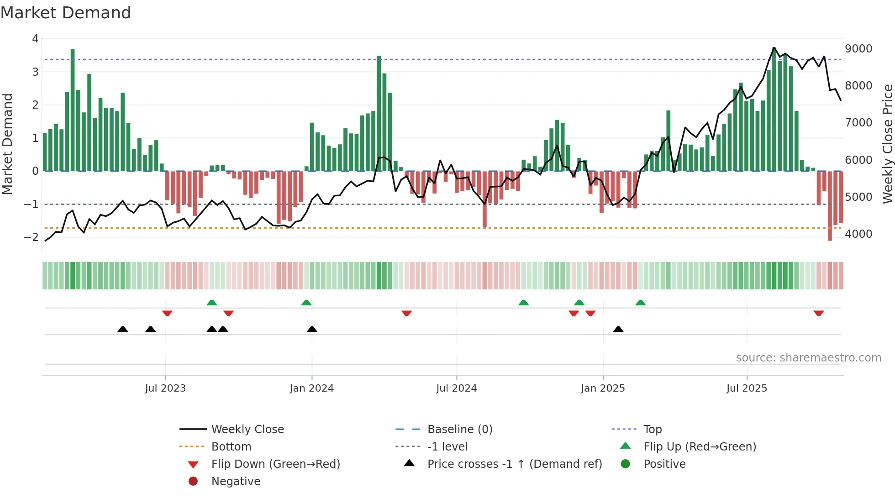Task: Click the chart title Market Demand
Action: point(66,13)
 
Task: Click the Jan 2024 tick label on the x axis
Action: point(312,388)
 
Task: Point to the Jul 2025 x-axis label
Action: point(747,388)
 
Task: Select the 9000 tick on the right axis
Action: point(858,49)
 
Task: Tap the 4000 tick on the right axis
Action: point(858,234)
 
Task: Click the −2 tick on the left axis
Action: point(32,237)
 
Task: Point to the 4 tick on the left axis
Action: point(35,39)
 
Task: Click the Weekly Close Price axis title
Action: point(887,144)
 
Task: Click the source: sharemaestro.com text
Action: point(808,358)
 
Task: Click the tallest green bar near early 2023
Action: point(73,110)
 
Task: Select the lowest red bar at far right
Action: point(830,205)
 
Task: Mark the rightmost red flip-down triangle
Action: point(818,313)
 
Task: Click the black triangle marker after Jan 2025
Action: point(618,329)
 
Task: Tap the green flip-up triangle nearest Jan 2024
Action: point(306,303)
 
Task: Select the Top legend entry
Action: point(652,430)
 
